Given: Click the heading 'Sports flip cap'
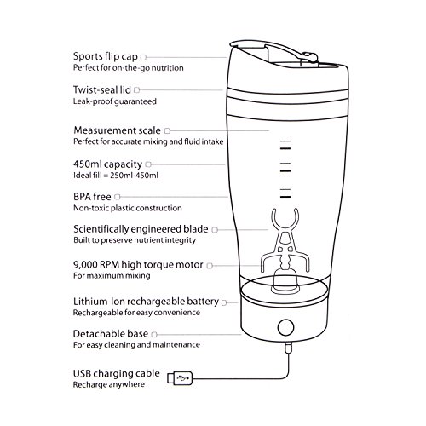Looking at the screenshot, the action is (106, 56).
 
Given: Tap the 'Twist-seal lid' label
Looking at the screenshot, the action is (102, 89).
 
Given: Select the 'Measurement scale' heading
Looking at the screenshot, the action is (117, 130).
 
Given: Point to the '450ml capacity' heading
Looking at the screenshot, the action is (107, 164).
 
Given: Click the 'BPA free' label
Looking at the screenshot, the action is (92, 197).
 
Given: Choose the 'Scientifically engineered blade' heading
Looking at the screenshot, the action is (141, 229).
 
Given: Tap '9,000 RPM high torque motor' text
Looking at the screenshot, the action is (138, 265).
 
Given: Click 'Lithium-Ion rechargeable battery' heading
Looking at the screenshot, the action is (146, 302).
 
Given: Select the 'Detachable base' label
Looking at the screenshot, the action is (111, 334).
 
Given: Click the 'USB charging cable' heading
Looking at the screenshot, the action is (117, 373).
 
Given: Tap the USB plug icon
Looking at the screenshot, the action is (180, 378).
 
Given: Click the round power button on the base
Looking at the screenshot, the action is (285, 327).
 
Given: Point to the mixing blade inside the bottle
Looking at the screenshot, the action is (285, 241).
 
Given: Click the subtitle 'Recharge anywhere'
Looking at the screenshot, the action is (109, 384).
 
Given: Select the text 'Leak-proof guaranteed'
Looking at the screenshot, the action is (115, 101).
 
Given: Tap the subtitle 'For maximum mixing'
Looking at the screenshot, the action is (112, 276).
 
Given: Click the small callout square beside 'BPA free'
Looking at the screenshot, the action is (118, 197).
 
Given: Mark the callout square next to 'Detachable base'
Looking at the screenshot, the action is (154, 335).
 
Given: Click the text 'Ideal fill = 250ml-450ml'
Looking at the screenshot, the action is (116, 176).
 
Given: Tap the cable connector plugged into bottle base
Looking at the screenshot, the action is (288, 348).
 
